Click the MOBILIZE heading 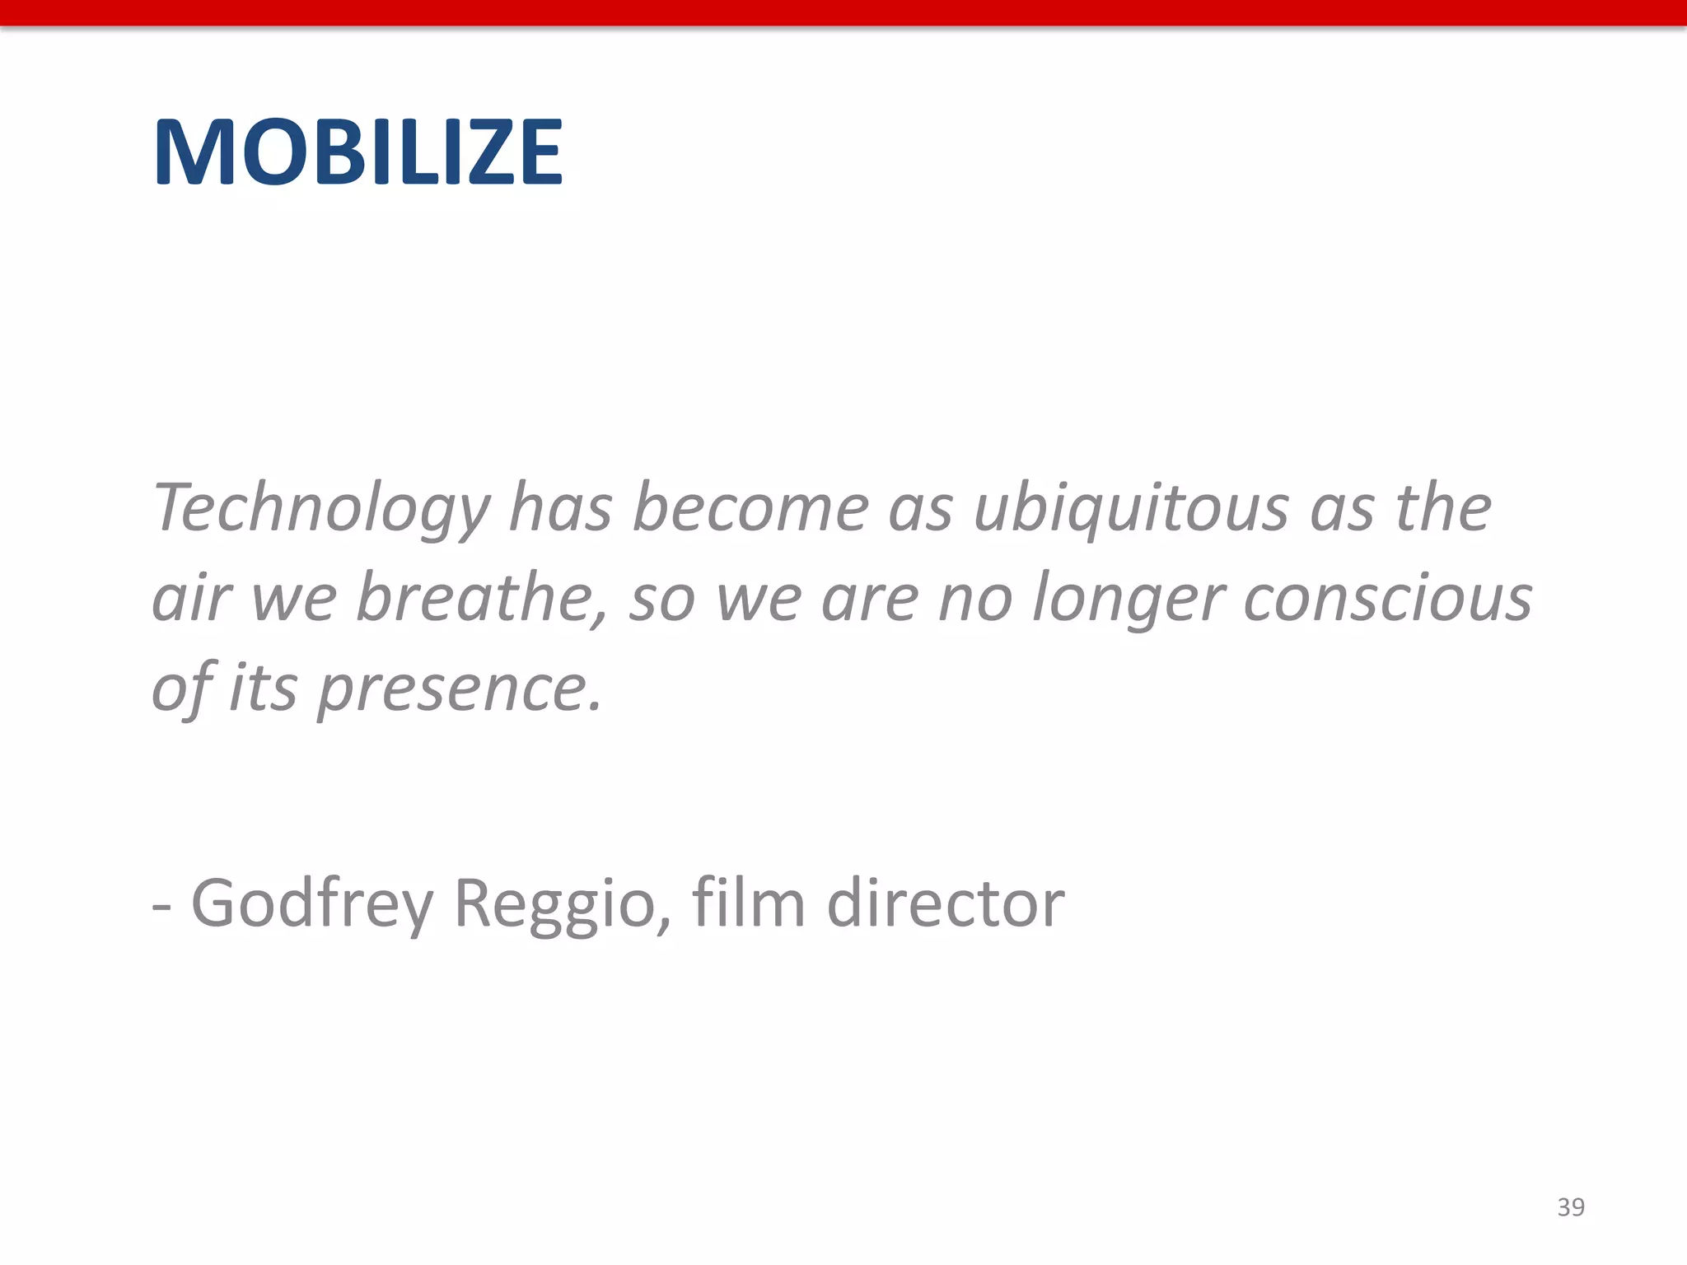coord(358,153)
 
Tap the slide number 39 coord(1571,1207)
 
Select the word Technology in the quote coord(321,509)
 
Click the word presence coord(460,689)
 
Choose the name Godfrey coord(312,904)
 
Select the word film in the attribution coord(748,903)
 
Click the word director coord(946,904)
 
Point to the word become coord(750,508)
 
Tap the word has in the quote coord(560,508)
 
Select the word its coord(263,689)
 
